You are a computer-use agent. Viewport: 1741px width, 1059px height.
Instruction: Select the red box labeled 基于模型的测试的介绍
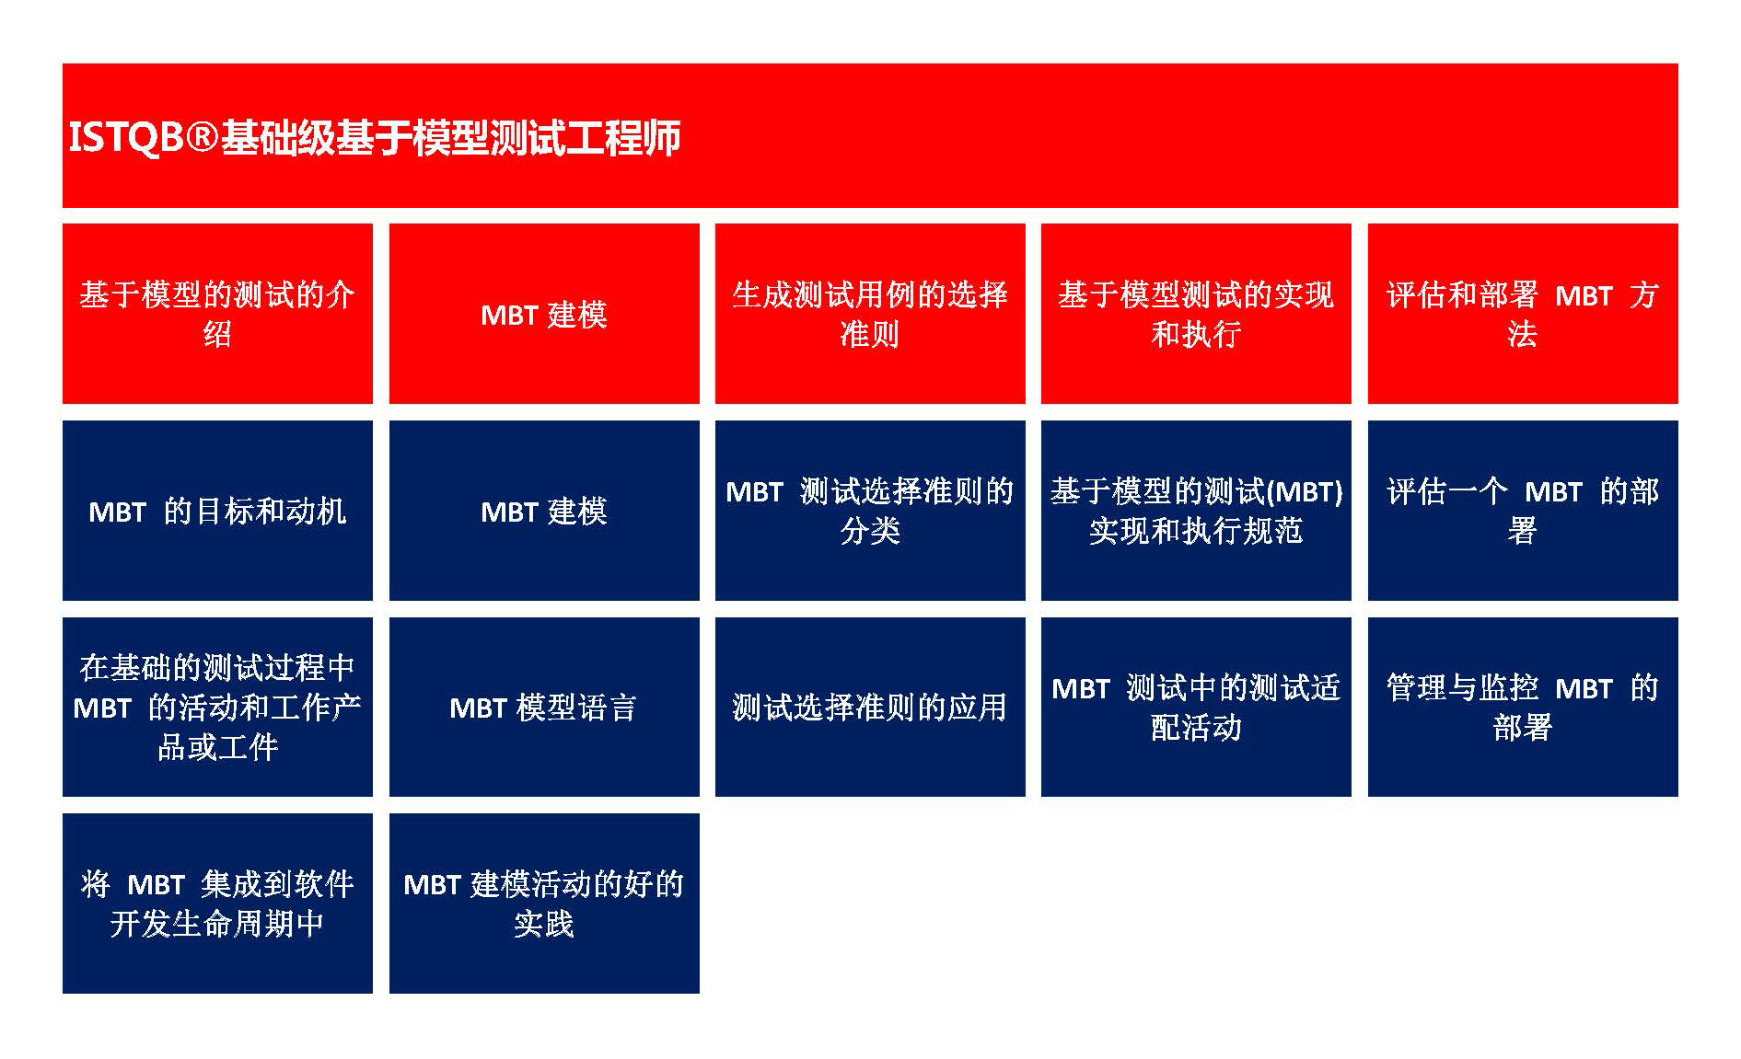click(x=217, y=314)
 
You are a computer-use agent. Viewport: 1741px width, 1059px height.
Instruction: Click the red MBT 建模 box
click(x=544, y=314)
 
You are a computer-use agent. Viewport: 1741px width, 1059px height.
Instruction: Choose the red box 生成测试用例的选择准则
click(x=870, y=314)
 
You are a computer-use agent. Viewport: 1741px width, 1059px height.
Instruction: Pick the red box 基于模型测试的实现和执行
click(x=1196, y=314)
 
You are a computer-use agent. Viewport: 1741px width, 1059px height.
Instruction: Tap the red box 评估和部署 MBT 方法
click(x=1523, y=314)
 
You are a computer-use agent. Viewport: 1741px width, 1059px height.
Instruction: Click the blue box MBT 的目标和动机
click(x=217, y=511)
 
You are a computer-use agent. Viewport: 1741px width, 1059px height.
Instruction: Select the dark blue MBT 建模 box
click(x=544, y=511)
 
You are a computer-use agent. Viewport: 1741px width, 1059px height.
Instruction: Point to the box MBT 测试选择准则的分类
click(x=870, y=511)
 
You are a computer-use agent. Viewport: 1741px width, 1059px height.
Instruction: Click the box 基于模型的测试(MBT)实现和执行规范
click(x=1196, y=511)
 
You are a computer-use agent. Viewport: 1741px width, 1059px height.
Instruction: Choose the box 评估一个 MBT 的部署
click(x=1523, y=511)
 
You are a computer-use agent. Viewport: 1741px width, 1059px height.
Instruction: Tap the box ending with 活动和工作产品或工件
click(x=217, y=707)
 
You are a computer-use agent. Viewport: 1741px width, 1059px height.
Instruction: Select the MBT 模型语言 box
click(x=544, y=707)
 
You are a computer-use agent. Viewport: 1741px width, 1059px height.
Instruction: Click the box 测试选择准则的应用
click(x=870, y=707)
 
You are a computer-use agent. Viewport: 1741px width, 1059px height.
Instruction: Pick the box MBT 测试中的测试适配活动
click(x=1196, y=707)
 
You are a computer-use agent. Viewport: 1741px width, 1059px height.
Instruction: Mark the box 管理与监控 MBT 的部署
click(x=1523, y=707)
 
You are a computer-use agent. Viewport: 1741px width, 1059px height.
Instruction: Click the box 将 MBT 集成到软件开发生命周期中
click(x=217, y=904)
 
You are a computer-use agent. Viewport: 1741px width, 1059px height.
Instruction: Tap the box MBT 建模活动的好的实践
click(x=544, y=904)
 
